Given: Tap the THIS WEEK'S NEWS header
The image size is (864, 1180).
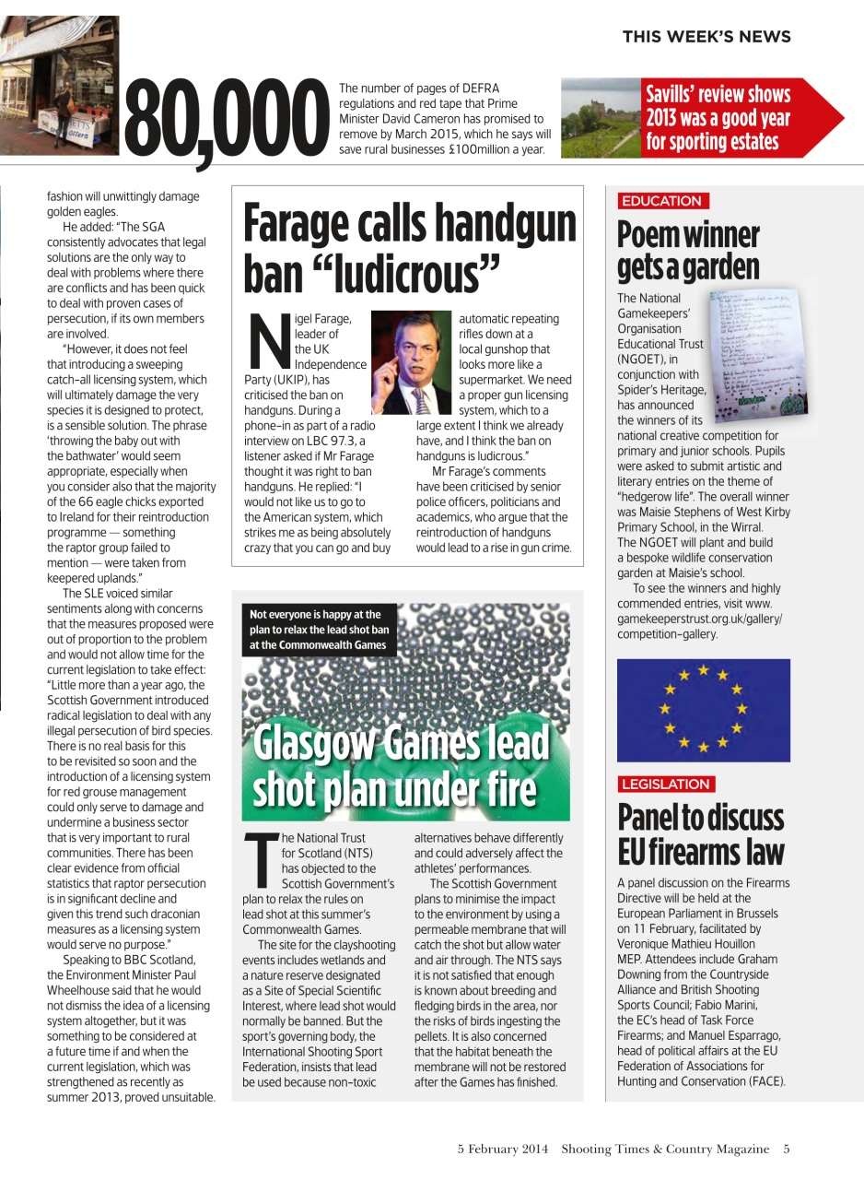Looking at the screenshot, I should point(706,37).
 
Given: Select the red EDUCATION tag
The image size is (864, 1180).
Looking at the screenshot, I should point(661,201).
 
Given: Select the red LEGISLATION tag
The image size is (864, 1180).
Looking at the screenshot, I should point(665,784).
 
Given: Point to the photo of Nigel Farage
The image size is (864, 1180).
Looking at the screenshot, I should point(411,362).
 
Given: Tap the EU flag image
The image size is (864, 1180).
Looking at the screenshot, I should point(703,710).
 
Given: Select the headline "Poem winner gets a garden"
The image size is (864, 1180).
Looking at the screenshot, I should point(688,251).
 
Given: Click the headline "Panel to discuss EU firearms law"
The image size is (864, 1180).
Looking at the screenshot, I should point(700,834).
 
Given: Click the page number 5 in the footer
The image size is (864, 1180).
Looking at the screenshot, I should point(786,1149).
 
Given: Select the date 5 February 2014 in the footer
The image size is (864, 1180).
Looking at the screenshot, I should point(503,1149).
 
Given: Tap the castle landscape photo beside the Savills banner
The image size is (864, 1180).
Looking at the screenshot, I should point(601,119).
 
